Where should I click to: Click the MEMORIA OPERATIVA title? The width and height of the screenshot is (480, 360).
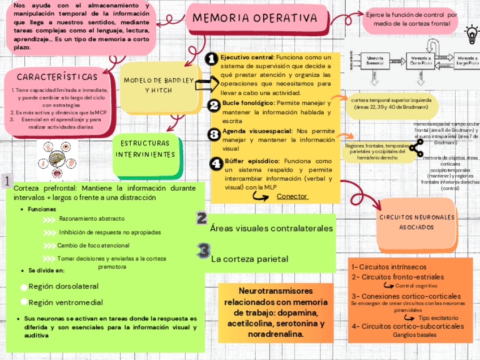click(x=255, y=18)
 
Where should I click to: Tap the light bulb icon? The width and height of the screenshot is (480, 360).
click(x=470, y=35)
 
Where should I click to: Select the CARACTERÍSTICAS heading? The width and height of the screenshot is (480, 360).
click(x=57, y=76)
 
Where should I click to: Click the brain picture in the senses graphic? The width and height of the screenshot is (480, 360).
click(x=57, y=158)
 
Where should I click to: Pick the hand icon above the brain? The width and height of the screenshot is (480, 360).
click(x=57, y=145)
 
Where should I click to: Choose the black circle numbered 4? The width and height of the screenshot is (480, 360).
click(x=216, y=164)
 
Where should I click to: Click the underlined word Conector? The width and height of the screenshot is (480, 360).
click(x=292, y=196)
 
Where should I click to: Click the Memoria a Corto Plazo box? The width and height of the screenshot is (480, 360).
click(x=421, y=61)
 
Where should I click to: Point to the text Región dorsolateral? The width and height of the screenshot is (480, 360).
click(x=63, y=286)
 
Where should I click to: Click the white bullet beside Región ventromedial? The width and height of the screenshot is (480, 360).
click(x=23, y=302)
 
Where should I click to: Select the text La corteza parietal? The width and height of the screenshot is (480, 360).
click(x=250, y=259)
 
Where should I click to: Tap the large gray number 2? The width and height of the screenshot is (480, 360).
click(x=201, y=218)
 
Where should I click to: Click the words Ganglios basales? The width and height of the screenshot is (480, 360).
click(x=412, y=334)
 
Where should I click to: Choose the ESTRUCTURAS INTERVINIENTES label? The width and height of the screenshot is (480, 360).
click(x=145, y=149)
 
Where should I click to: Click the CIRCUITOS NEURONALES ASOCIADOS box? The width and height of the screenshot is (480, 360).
click(x=417, y=222)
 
